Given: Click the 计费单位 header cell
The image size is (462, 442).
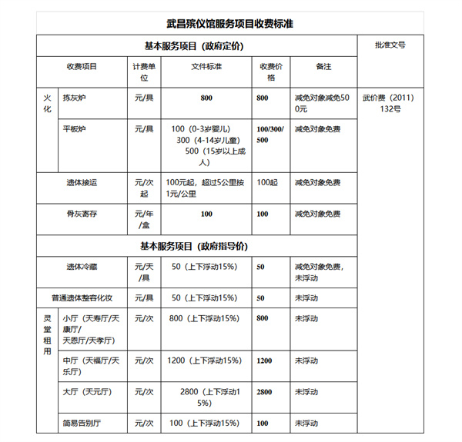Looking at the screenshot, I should pyautogui.click(x=144, y=72).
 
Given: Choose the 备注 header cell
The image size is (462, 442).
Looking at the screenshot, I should pyautogui.click(x=323, y=67).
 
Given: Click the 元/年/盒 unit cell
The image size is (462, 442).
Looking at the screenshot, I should pyautogui.click(x=144, y=219).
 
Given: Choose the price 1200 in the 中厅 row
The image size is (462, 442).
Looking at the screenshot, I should pyautogui.click(x=263, y=361).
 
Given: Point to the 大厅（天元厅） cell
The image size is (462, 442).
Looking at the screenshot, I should pyautogui.click(x=87, y=392).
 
